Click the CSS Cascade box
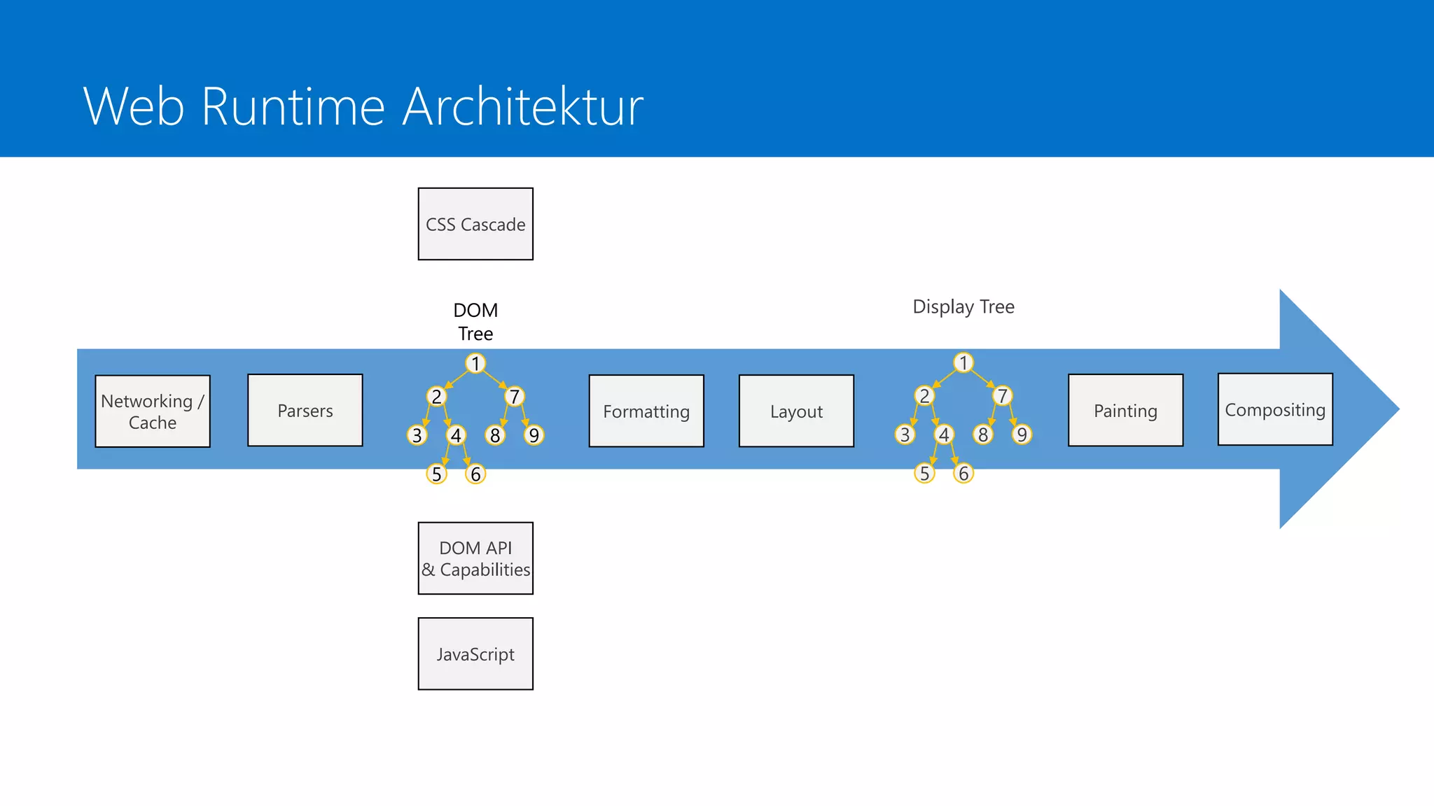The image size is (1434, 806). coord(475,224)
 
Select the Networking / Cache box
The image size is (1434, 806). coord(153,411)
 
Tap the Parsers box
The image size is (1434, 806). coord(305,410)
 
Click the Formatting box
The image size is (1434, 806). coord(646,411)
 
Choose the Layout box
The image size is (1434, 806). coord(796,411)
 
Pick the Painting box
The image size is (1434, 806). coord(1125,410)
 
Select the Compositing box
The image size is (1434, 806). coord(1275,409)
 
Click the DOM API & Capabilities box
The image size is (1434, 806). coord(475,558)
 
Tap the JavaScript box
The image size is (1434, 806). coord(475,653)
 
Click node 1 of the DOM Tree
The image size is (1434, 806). coord(475,363)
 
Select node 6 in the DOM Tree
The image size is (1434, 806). coord(475,474)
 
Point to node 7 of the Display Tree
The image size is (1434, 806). coord(1002,396)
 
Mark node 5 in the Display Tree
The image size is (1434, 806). coord(924,474)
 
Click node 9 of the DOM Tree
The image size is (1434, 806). coord(534,435)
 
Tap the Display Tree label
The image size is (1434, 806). coord(963,306)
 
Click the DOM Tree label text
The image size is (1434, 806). coord(475,322)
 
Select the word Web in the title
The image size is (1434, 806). coord(134,106)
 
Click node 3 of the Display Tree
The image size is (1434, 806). coord(905,434)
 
